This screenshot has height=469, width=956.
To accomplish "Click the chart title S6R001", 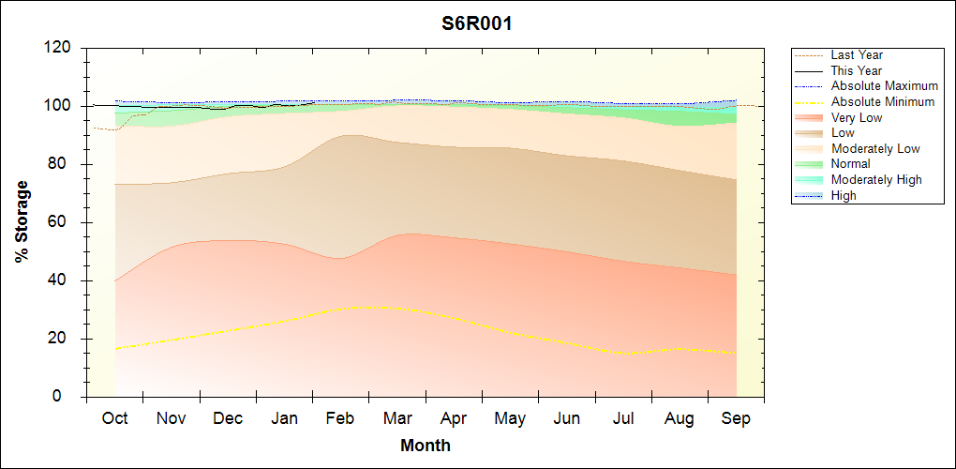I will [477, 24].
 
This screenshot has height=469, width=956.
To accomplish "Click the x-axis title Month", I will [426, 446].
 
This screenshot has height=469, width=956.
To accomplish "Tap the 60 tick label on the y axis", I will [61, 222].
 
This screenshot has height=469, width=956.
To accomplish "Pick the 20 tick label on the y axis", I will [61, 339].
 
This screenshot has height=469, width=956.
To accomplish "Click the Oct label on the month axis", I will [115, 418].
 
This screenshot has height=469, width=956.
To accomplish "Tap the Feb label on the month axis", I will [340, 418].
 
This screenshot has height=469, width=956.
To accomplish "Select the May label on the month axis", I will [510, 418].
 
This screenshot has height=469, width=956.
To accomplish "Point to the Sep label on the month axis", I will [736, 418].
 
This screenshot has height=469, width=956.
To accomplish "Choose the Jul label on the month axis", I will [623, 418].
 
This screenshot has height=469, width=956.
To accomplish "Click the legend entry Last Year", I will [857, 55].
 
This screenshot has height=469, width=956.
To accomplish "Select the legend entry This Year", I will [857, 70].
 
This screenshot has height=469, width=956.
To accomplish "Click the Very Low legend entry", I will [857, 117].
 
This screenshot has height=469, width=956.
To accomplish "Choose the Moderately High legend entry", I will [876, 180].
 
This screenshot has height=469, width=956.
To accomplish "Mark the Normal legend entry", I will [851, 164].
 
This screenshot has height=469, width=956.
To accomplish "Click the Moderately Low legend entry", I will [875, 149].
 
